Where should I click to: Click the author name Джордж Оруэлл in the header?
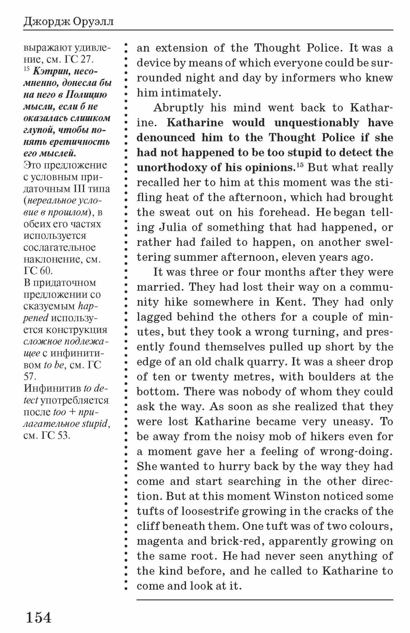click(68, 22)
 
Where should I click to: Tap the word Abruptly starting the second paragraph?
click(178, 108)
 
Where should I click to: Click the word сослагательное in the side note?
click(60, 248)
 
